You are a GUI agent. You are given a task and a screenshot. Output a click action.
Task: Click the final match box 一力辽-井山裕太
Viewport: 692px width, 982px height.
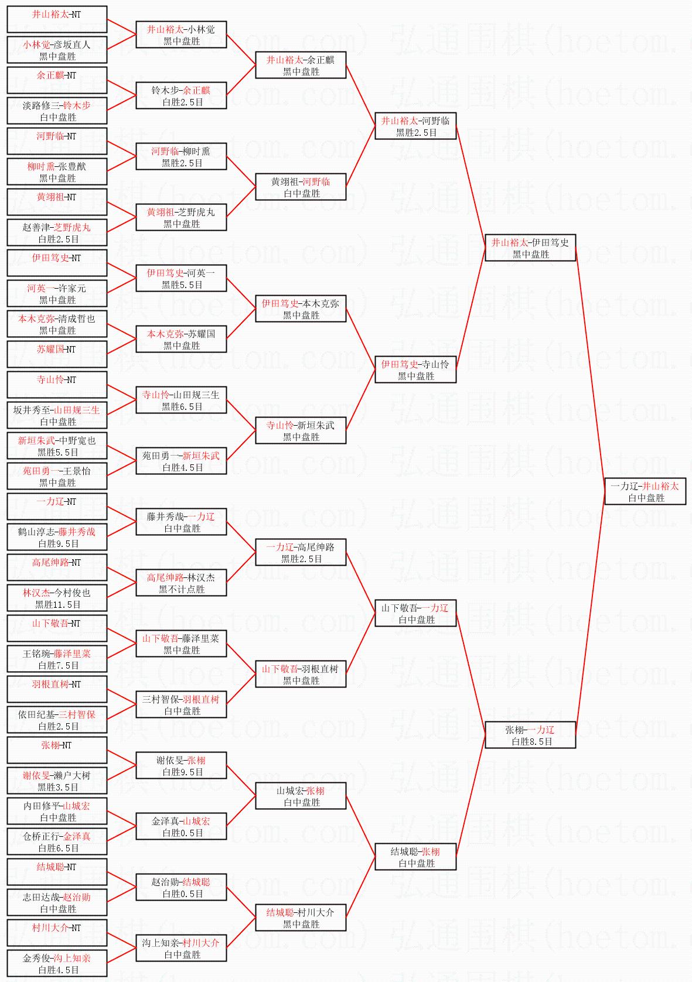[x=645, y=491]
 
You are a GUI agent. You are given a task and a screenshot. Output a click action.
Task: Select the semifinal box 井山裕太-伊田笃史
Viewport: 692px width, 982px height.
[x=530, y=248]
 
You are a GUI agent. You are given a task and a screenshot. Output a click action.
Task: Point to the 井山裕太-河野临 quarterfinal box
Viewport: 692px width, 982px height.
[x=415, y=126]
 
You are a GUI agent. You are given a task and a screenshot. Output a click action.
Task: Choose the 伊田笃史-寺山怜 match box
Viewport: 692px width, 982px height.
[x=415, y=369]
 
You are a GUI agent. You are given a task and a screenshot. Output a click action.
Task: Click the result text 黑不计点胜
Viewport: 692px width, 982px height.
[x=182, y=589]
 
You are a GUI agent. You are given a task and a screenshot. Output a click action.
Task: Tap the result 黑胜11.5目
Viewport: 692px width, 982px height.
[x=57, y=604]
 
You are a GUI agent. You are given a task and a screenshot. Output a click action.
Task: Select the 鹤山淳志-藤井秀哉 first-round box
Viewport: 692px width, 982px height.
[x=57, y=537]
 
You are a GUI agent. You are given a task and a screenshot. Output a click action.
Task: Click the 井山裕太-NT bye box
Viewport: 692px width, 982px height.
[x=57, y=19]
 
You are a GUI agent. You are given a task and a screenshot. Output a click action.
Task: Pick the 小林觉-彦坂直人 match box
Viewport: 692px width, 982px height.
[x=57, y=50]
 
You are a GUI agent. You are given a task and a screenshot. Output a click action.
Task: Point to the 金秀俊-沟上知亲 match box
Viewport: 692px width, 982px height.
[x=57, y=963]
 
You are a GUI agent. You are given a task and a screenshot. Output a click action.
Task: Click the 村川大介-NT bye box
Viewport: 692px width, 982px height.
[x=57, y=933]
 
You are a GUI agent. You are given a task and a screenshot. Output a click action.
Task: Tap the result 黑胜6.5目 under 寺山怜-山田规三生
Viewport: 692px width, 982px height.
[x=182, y=406]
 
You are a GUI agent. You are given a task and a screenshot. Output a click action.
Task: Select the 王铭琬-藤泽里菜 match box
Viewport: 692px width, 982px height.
[x=57, y=659]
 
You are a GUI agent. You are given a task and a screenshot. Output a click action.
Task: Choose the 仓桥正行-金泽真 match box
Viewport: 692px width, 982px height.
[x=57, y=841]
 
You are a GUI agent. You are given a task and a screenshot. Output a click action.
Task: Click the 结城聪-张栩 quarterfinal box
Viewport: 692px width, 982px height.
[x=415, y=857]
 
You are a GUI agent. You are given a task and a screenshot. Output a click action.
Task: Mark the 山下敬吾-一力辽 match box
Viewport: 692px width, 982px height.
[x=415, y=613]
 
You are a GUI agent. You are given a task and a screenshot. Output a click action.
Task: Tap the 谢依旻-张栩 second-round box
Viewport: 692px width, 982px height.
[x=181, y=765]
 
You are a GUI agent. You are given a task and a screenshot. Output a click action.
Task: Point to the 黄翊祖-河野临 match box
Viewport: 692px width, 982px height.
[x=301, y=187]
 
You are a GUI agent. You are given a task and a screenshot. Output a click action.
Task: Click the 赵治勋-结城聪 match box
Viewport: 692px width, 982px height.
[x=181, y=887]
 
